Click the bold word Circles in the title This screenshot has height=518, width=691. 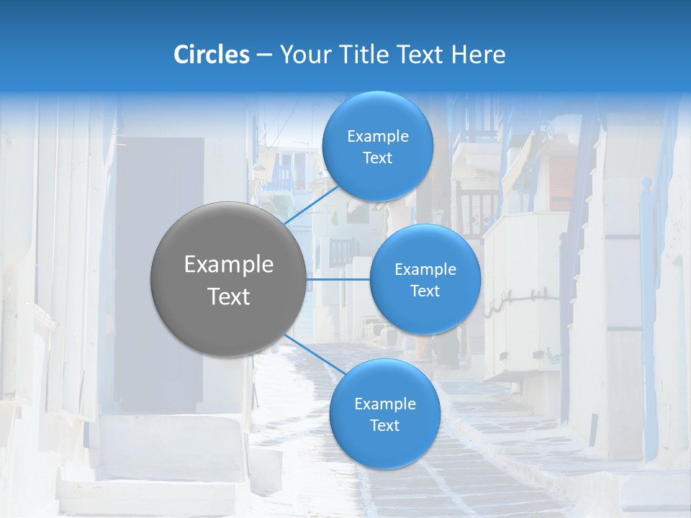212,55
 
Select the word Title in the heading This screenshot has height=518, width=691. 368,55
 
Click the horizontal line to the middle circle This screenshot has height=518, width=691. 338,279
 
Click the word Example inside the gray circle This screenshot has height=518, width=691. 229,265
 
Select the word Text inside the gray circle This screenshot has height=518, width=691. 229,296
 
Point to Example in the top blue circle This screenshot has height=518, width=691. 378,137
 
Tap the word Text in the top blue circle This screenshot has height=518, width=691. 377,158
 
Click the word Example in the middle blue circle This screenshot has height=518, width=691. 425,270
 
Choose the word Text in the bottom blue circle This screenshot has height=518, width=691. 384,426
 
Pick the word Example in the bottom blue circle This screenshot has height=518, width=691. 385,404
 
